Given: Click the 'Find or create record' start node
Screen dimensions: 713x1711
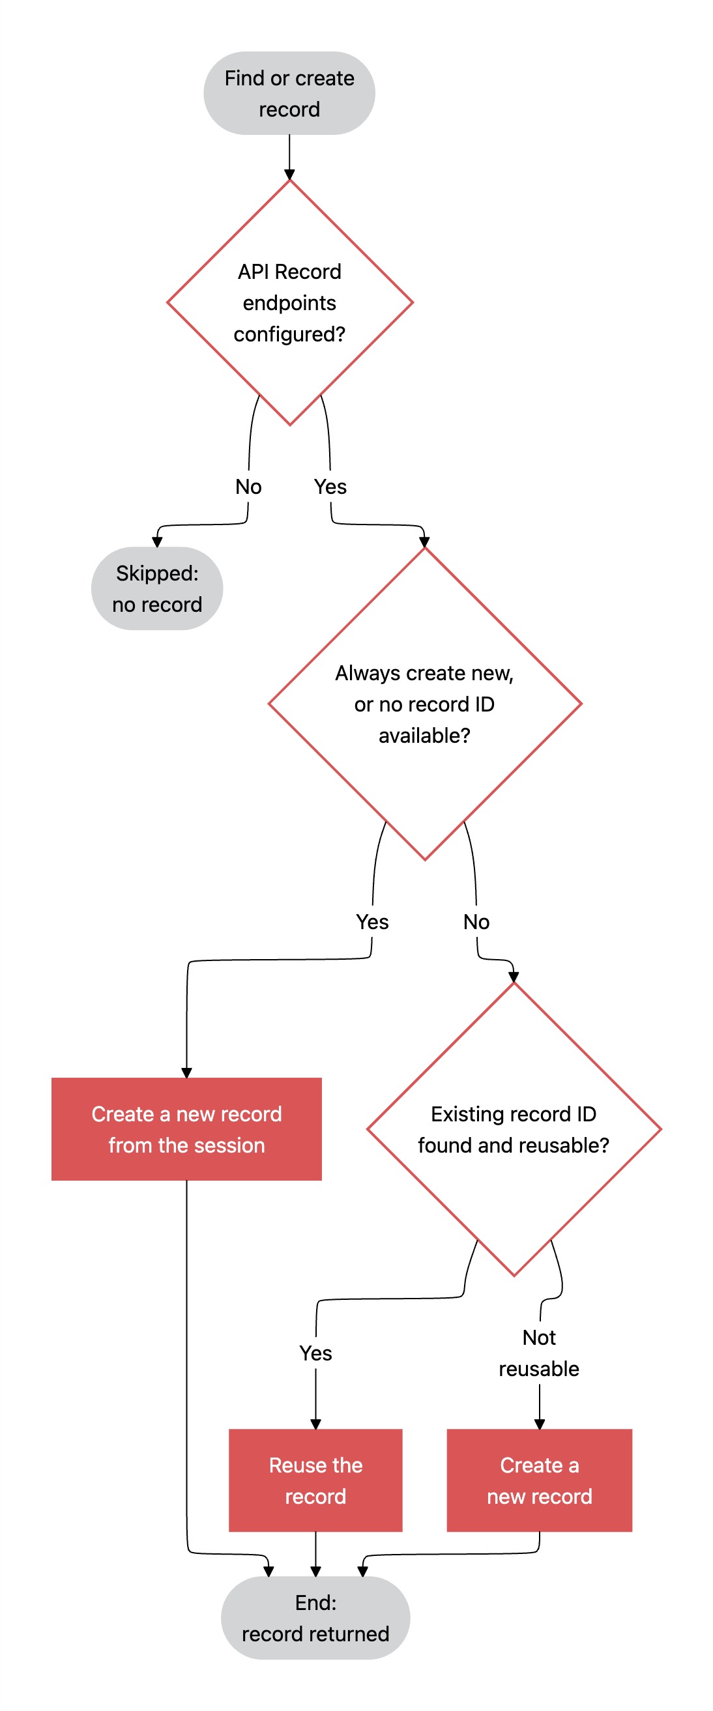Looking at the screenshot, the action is pyautogui.click(x=289, y=93).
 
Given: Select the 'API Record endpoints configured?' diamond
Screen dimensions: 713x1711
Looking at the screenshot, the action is pyautogui.click(x=290, y=302).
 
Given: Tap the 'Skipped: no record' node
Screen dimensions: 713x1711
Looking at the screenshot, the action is pyautogui.click(x=157, y=588).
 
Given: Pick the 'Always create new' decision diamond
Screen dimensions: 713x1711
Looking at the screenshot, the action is pyautogui.click(x=425, y=704).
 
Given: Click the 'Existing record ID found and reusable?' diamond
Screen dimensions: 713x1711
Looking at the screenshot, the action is pyautogui.click(x=514, y=1129).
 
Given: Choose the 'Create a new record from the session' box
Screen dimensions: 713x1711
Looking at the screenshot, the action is pyautogui.click(x=186, y=1129).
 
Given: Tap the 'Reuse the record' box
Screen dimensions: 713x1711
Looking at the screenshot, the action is pyautogui.click(x=315, y=1480).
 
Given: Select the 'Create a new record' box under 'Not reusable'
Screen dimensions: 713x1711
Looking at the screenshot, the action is pyautogui.click(x=540, y=1480).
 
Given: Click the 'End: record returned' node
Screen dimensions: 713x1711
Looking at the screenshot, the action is pyautogui.click(x=315, y=1618).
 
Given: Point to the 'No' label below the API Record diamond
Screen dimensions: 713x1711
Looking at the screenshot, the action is pyautogui.click(x=248, y=487).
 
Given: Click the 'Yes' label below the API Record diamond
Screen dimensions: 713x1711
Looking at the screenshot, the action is pyautogui.click(x=330, y=487).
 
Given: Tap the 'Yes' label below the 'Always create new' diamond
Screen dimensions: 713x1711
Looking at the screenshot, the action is pyautogui.click(x=372, y=922).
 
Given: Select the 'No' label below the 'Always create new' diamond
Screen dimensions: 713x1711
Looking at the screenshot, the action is pyautogui.click(x=476, y=922).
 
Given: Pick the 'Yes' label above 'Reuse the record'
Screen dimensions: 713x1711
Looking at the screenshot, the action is pyautogui.click(x=315, y=1353).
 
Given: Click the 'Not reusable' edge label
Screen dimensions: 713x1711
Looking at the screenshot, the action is pyautogui.click(x=540, y=1353).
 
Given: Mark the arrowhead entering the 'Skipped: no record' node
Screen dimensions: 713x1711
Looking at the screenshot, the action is pyautogui.click(x=157, y=541).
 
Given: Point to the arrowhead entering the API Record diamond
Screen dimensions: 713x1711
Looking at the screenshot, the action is pyautogui.click(x=290, y=175).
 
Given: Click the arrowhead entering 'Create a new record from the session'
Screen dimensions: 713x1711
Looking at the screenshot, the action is pyautogui.click(x=186, y=1072).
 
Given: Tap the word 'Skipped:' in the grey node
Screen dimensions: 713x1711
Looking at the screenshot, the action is pyautogui.click(x=158, y=573).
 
